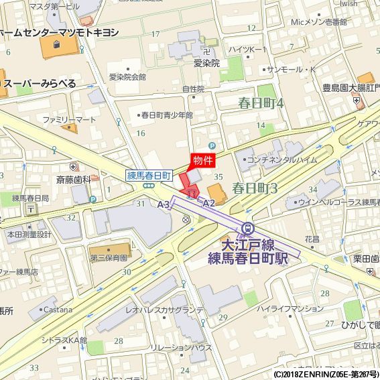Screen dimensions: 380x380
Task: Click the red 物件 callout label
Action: (203, 160)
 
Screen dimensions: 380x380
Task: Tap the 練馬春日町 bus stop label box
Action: (150, 176)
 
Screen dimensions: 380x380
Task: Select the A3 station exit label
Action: (164, 204)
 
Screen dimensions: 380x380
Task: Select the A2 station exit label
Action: (208, 203)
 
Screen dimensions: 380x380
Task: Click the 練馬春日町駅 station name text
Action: (248, 257)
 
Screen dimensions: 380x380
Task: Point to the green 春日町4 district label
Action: (261, 103)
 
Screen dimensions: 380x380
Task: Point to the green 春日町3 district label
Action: (255, 188)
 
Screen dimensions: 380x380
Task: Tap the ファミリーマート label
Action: (69, 119)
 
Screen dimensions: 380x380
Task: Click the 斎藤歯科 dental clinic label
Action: (73, 180)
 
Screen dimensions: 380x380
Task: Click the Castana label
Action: (58, 309)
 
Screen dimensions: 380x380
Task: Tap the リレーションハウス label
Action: (182, 347)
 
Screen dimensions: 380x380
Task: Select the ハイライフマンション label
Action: (290, 308)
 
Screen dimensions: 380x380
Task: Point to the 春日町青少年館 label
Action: (167, 115)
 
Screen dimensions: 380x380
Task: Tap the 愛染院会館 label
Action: (127, 77)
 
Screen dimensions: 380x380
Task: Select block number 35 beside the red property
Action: (218, 176)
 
